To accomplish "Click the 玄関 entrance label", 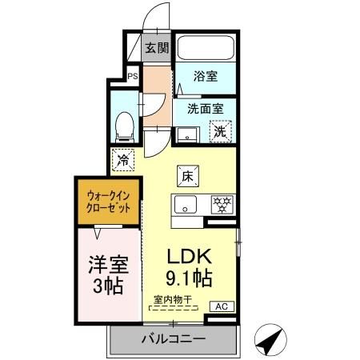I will (158, 48).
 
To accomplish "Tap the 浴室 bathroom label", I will (206, 77).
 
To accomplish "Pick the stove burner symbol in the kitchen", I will (219, 204).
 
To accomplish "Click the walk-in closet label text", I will (108, 200).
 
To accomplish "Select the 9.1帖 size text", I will (190, 281).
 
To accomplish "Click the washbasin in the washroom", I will (185, 134).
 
